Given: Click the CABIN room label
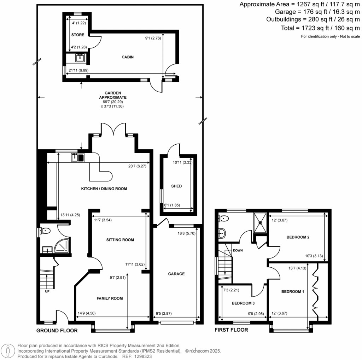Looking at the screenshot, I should click(128, 57).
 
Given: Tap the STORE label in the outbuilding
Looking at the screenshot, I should click(78, 35).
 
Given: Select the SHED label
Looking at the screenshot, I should click(176, 186).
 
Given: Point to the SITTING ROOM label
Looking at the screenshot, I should click(120, 240).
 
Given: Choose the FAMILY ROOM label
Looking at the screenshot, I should click(110, 298).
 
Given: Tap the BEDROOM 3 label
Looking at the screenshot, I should click(243, 303).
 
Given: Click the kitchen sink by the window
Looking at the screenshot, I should click(78, 157).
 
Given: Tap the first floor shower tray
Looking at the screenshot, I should click(261, 222).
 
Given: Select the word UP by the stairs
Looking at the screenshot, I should click(47, 292).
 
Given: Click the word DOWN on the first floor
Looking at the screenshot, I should click(238, 251).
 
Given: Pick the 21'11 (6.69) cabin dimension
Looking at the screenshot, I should click(79, 70).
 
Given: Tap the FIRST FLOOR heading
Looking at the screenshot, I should click(232, 330).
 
